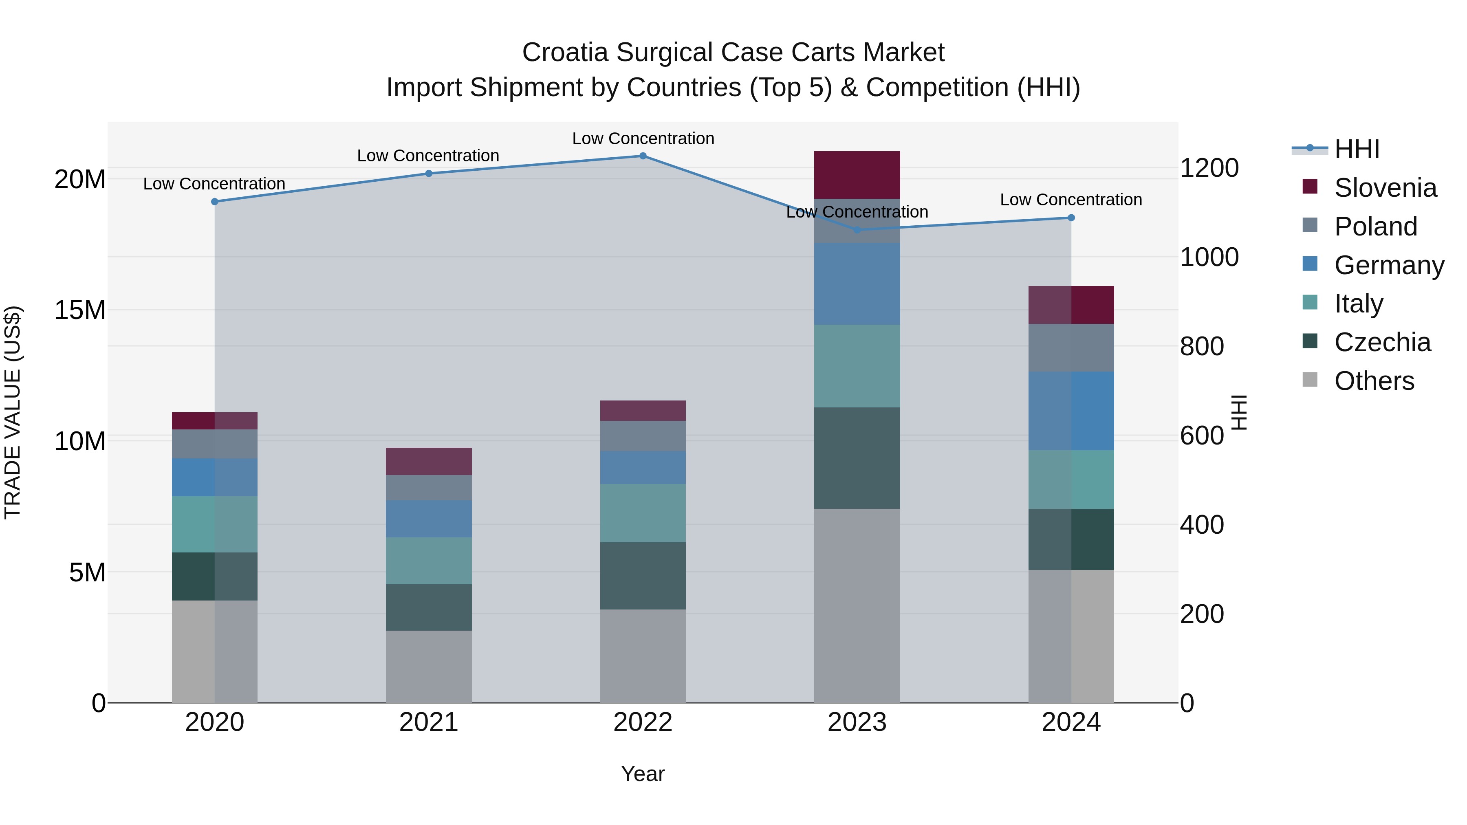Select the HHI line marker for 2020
[x=215, y=202]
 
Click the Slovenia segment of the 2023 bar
[x=857, y=175]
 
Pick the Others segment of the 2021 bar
[x=428, y=666]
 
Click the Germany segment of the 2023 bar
[x=857, y=284]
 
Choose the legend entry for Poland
[x=1375, y=226]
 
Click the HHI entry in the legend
[x=1357, y=149]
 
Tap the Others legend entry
[x=1374, y=381]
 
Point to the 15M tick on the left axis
[x=80, y=310]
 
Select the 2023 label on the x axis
[x=857, y=722]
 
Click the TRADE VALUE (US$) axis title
[x=13, y=412]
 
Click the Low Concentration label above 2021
[x=428, y=156]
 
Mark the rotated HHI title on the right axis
[x=1239, y=412]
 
